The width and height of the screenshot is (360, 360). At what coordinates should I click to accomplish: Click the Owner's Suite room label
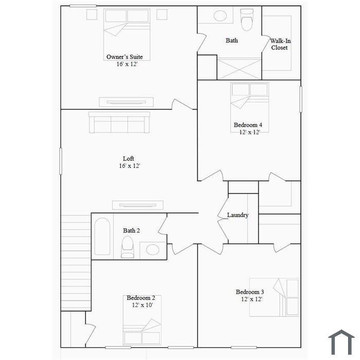tap(124, 57)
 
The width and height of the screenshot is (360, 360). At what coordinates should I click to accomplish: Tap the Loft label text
tap(129, 158)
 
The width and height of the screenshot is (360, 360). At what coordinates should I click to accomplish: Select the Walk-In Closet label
tap(280, 44)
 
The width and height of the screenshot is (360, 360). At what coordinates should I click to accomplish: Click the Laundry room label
tap(238, 215)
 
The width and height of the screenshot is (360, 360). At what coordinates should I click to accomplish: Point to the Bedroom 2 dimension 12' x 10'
tap(142, 305)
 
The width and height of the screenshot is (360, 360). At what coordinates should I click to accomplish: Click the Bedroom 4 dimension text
tap(249, 132)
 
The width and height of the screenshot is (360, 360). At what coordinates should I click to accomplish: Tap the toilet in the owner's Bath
tap(247, 20)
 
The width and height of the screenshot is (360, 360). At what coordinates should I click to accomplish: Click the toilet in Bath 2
tap(128, 247)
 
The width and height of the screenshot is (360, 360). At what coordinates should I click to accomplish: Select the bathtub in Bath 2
tap(102, 237)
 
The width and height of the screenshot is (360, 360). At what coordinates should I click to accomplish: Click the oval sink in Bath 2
tap(153, 250)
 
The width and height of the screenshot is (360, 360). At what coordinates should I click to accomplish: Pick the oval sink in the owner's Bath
tap(220, 16)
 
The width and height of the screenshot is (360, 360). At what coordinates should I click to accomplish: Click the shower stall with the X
tap(239, 69)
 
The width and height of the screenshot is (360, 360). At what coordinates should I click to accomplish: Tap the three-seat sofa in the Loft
tap(119, 122)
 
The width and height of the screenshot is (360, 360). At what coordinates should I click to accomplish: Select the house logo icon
tap(341, 342)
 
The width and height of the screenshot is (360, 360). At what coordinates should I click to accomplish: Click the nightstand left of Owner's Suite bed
tap(92, 14)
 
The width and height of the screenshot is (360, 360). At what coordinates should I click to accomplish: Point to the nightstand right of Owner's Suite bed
tap(162, 14)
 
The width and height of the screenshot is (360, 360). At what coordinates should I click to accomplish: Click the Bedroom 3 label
tap(250, 292)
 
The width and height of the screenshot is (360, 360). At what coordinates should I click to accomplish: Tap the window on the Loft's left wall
tap(61, 161)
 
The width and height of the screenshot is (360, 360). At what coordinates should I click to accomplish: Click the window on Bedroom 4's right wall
tap(301, 99)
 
